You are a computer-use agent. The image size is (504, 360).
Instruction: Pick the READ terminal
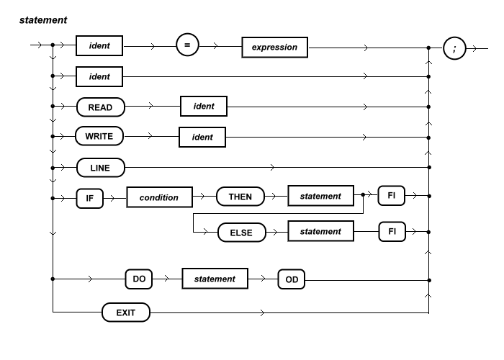[100, 107]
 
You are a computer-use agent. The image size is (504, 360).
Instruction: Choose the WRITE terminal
[99, 135]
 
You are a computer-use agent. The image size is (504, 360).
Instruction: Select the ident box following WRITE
[202, 135]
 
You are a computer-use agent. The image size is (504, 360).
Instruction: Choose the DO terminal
[143, 278]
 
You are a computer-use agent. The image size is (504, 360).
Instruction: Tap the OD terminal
[292, 278]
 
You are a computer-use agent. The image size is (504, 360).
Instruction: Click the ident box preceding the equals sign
[100, 48]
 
